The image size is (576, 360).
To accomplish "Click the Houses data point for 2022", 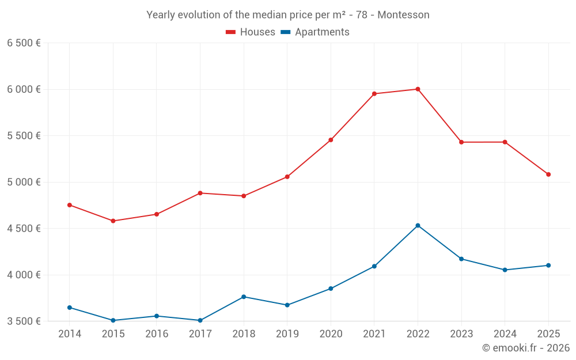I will [x=418, y=89].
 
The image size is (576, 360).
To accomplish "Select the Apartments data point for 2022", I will [x=418, y=225].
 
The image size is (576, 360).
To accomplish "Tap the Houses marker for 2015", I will [x=113, y=221].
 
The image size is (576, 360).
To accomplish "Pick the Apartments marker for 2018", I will [x=244, y=297].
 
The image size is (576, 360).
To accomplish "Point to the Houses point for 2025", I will [x=548, y=175].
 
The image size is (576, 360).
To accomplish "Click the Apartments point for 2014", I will [x=70, y=308].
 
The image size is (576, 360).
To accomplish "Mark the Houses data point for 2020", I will [x=331, y=140].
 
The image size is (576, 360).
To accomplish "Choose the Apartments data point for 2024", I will [x=505, y=270].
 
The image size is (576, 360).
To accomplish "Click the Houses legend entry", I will [x=251, y=32].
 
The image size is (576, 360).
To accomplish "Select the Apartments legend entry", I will [x=315, y=32].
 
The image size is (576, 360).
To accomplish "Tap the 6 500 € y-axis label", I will [x=24, y=43].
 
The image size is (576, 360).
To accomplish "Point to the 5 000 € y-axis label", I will [x=24, y=182].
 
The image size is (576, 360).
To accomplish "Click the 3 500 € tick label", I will [x=24, y=321].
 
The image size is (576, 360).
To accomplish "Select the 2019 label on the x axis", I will [x=287, y=334].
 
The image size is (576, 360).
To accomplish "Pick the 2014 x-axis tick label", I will [x=70, y=334].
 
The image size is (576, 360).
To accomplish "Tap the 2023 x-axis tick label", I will [x=461, y=334].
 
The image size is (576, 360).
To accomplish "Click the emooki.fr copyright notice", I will [x=525, y=348].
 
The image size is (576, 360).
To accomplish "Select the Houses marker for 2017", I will [x=200, y=193].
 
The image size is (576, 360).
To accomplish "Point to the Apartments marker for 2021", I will [x=374, y=266].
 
